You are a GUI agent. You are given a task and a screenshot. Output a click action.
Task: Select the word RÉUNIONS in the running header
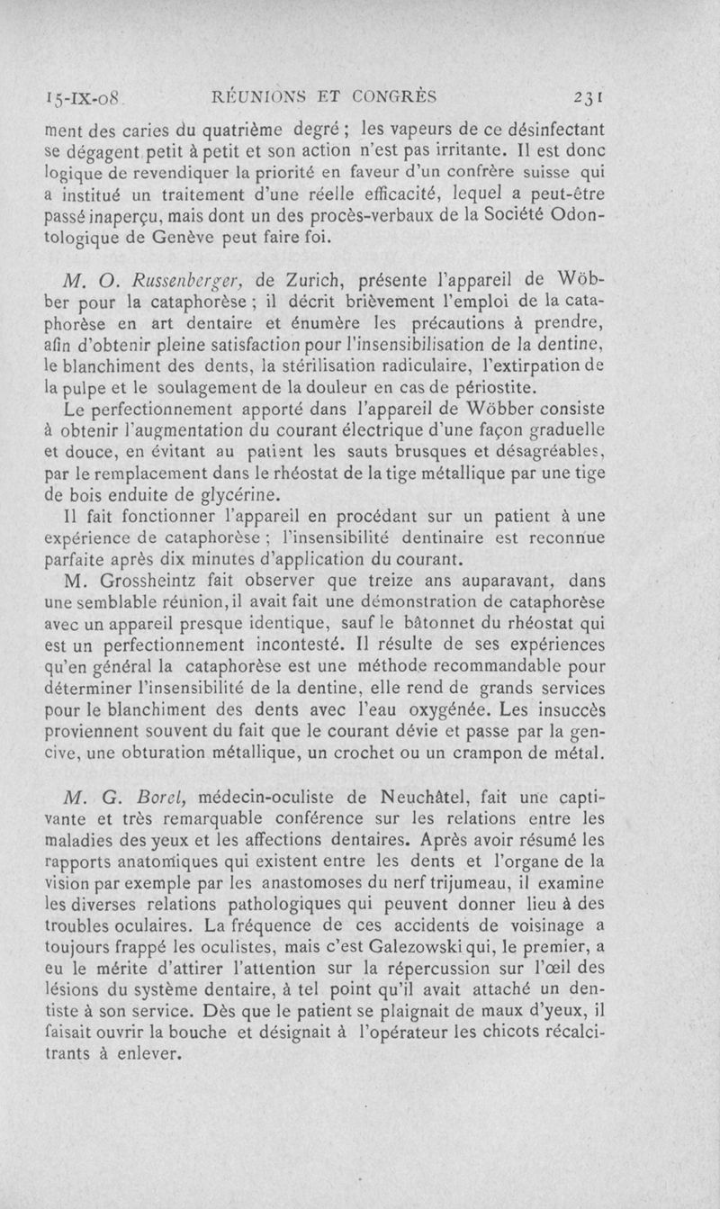[x=261, y=95]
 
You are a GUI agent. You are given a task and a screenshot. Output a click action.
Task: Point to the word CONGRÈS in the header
[x=394, y=95]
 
